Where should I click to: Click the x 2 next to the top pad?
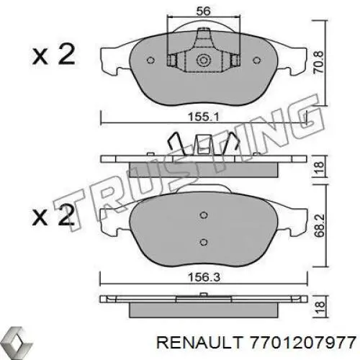point(52,55)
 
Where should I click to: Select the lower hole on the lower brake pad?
point(204,242)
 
